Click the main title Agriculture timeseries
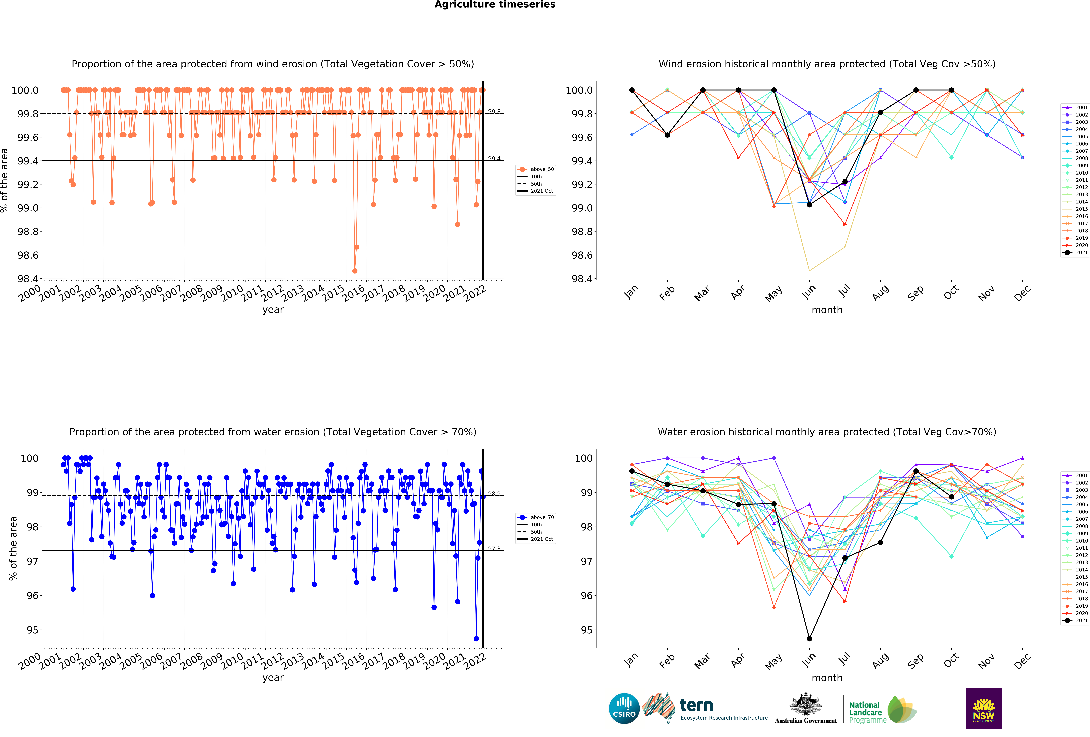[x=495, y=5]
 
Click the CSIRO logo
[x=624, y=708]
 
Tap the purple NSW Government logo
[x=984, y=708]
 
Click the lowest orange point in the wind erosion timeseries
[x=355, y=271]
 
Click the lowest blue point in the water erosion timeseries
[x=476, y=638]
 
